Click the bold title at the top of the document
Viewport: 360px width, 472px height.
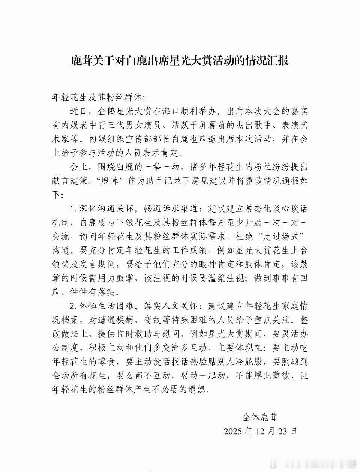tap(180, 60)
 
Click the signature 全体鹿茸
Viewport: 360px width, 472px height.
tap(260, 417)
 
